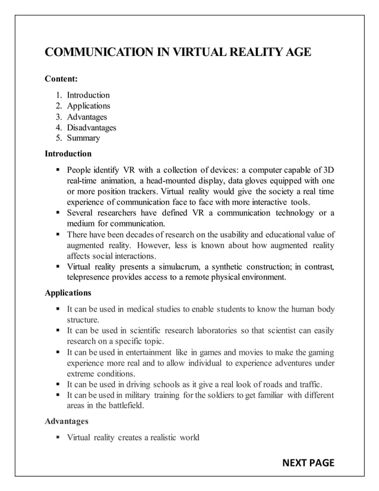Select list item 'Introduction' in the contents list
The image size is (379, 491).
click(x=88, y=95)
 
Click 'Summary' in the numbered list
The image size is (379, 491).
click(x=83, y=138)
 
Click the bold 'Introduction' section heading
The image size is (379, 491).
click(x=68, y=153)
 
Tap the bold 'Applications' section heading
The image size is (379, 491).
click(x=68, y=293)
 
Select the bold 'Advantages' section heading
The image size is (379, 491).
click(x=67, y=421)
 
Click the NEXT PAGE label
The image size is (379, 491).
click(x=308, y=462)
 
